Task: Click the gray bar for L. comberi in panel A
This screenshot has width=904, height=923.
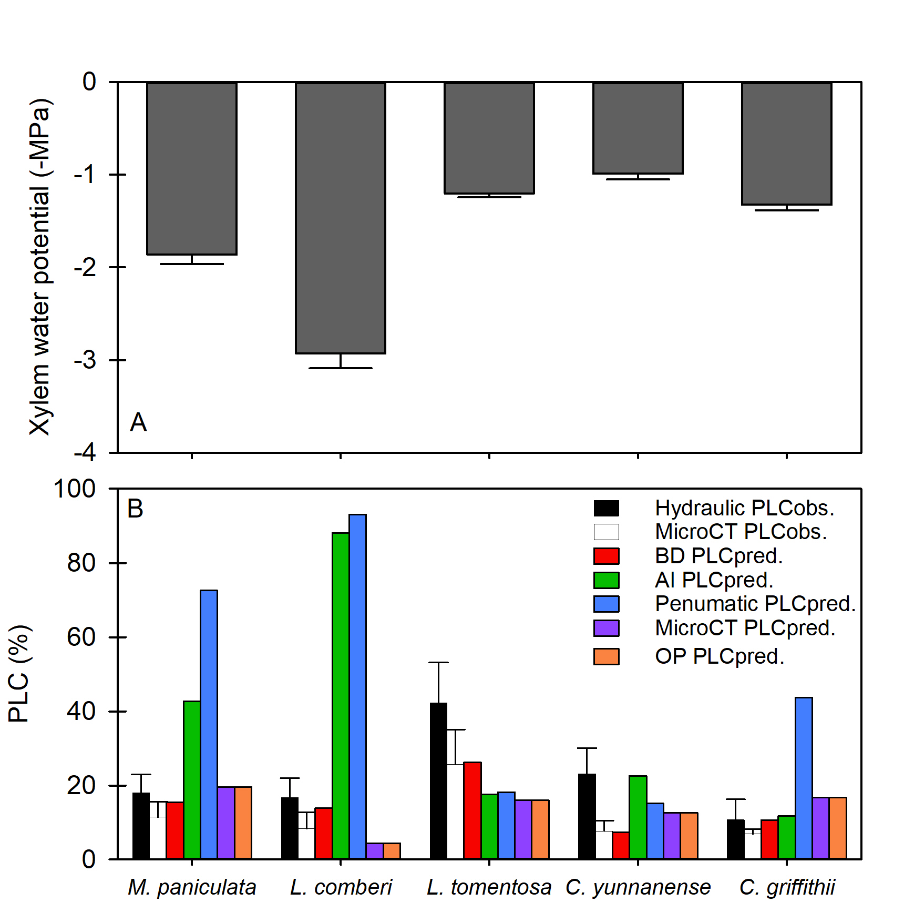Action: [340, 218]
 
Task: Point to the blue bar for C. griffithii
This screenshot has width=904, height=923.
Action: [804, 778]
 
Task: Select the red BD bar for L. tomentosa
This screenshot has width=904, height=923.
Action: [472, 810]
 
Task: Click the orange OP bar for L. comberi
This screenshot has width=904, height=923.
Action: [392, 850]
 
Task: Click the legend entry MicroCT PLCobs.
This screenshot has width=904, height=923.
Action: [741, 532]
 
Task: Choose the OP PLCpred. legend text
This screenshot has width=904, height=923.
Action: [719, 656]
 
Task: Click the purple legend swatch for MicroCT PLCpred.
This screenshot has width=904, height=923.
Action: [606, 628]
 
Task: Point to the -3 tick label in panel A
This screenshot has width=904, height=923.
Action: [85, 360]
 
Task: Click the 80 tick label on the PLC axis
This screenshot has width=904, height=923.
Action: [81, 563]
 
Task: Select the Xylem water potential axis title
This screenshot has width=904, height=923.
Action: [40, 267]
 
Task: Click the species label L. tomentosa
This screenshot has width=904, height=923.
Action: [489, 887]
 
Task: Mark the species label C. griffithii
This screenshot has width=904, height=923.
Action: [787, 887]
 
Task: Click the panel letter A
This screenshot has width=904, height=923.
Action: [138, 422]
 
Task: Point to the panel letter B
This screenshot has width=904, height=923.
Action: [135, 509]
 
